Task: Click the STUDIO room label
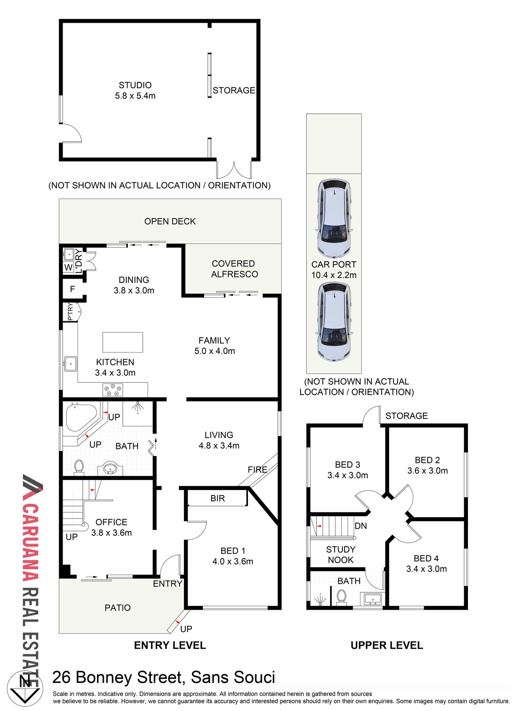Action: click(135, 85)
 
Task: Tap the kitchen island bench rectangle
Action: click(123, 342)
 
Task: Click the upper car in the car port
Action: click(334, 219)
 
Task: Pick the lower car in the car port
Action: click(334, 322)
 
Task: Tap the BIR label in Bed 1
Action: click(218, 498)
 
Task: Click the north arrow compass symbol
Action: click(25, 689)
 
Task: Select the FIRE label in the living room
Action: click(257, 470)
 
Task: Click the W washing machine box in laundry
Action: click(69, 267)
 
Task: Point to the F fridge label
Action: click(73, 289)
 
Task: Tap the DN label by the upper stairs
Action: click(361, 526)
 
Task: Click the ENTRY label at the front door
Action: click(168, 584)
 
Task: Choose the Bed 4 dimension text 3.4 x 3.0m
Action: click(427, 569)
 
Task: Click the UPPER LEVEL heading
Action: click(387, 645)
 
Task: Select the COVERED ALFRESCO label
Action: click(234, 269)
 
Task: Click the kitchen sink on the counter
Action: click(71, 364)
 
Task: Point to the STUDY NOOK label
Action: click(341, 555)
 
